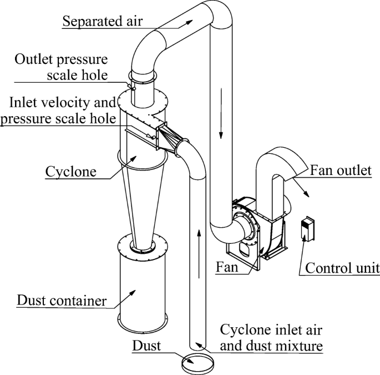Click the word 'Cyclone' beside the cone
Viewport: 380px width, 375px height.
(x=70, y=171)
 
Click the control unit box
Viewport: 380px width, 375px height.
(x=307, y=229)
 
